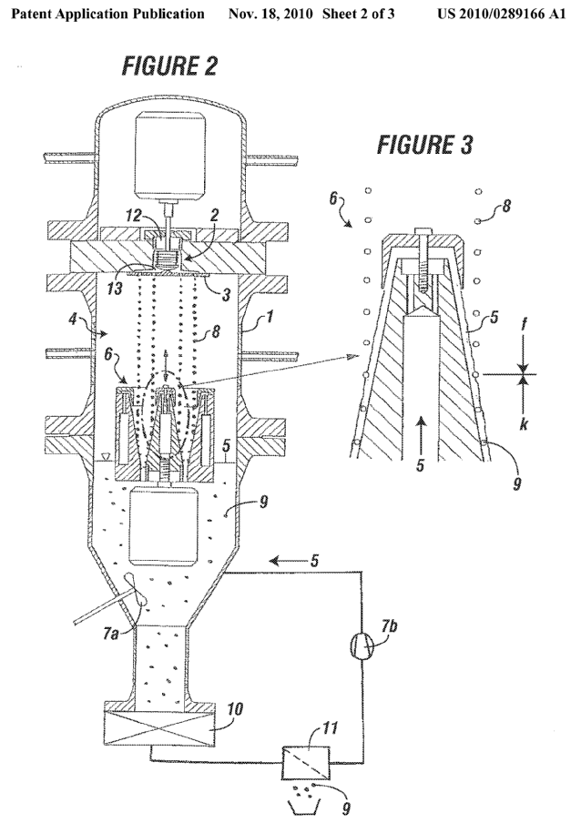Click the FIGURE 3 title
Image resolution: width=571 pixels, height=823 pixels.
(425, 145)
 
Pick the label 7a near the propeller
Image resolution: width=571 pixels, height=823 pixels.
(109, 635)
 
